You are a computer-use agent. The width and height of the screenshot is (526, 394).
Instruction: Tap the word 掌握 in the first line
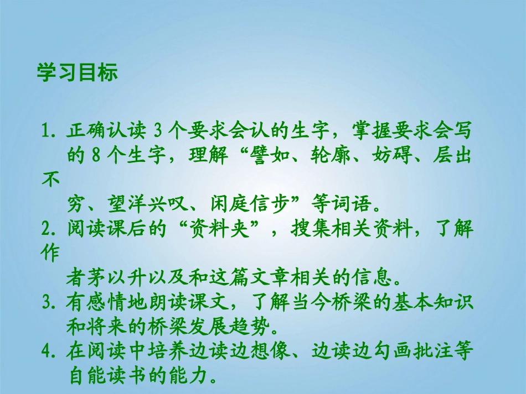[367, 132]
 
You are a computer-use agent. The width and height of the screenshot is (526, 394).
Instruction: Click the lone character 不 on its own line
[50, 180]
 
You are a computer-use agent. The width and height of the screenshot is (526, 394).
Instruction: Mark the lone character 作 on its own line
[50, 251]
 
